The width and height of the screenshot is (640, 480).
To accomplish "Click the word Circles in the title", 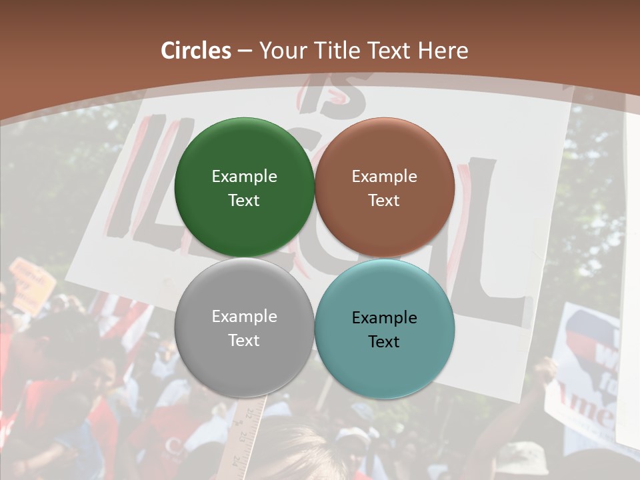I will click(195, 51).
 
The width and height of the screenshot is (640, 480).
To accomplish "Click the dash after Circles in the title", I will click(245, 51).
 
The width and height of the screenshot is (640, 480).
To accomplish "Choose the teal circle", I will click(384, 373).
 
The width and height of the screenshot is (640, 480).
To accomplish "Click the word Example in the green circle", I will click(244, 176).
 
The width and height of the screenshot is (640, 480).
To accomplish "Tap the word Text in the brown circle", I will click(384, 200).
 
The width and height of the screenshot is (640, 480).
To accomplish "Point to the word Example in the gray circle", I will click(244, 316).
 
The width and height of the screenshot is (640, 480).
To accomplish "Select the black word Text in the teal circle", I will click(384, 341).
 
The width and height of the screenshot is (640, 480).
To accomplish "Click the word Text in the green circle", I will click(244, 200).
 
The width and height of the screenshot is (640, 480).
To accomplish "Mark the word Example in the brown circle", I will click(384, 176).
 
